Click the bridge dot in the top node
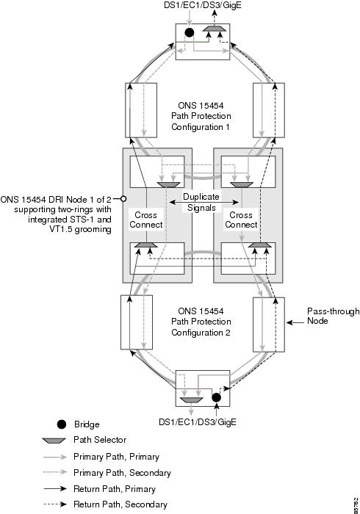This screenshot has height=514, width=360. (x=189, y=32)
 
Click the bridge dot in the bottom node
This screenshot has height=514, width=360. (x=216, y=397)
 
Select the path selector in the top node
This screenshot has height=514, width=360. (x=214, y=29)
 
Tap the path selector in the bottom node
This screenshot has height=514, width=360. (x=192, y=400)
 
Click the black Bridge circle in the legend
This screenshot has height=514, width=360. (x=61, y=424)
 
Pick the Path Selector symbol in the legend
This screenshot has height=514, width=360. (x=54, y=441)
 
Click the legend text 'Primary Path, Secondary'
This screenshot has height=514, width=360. (x=122, y=473)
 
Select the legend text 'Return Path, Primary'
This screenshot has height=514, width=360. (x=115, y=489)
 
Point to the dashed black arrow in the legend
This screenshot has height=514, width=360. (x=55, y=504)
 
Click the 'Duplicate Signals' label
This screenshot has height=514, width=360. (x=201, y=202)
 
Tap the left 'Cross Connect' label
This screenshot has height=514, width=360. (x=146, y=220)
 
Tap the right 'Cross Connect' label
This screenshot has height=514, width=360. (x=241, y=220)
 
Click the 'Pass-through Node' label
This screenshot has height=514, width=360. (x=333, y=316)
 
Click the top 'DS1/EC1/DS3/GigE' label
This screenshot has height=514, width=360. (x=203, y=5)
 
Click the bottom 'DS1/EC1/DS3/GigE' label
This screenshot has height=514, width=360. (x=198, y=422)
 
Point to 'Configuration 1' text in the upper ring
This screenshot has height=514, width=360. (x=201, y=127)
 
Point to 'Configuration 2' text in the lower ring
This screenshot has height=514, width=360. (x=201, y=333)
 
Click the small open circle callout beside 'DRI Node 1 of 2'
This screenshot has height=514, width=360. (x=123, y=199)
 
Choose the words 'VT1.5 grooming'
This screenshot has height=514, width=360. (x=80, y=229)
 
